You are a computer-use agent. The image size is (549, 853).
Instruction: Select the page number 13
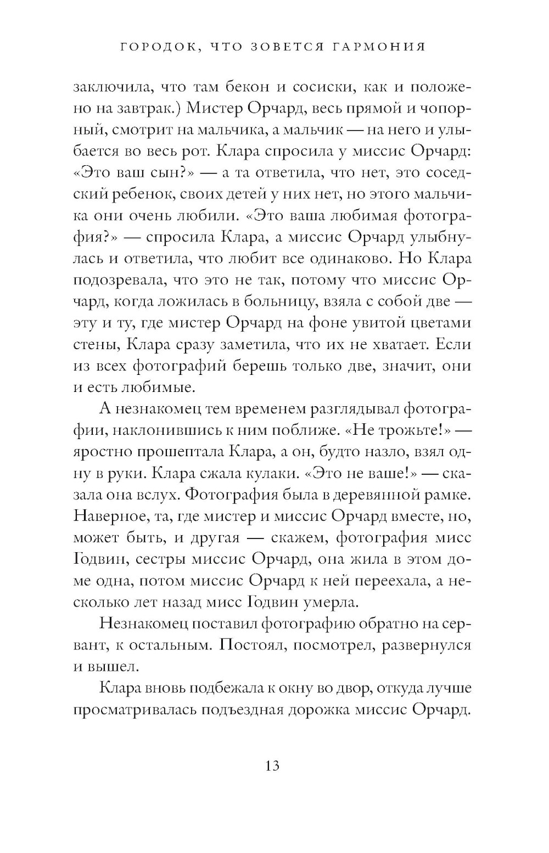(272, 765)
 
